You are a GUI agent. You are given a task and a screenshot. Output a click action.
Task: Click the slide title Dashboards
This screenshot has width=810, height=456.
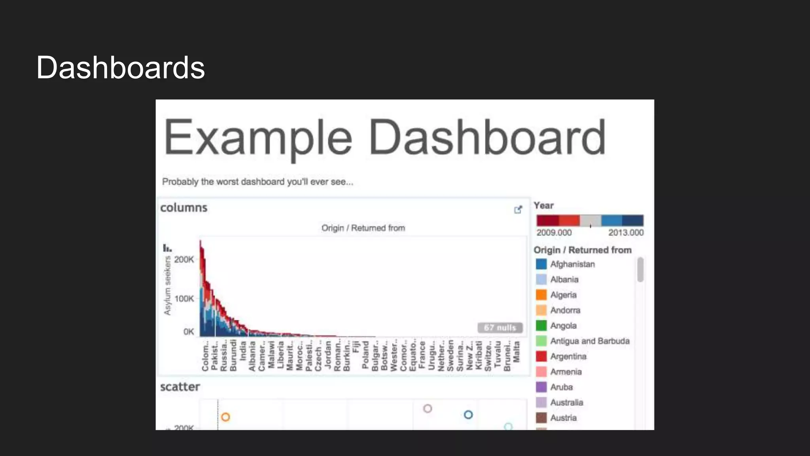point(120,68)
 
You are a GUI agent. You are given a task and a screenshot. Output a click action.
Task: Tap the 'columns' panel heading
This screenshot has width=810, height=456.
point(184,208)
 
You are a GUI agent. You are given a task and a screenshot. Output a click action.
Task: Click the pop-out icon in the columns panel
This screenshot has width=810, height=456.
point(518,210)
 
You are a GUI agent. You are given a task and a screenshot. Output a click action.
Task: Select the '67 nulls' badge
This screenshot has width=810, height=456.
point(500,328)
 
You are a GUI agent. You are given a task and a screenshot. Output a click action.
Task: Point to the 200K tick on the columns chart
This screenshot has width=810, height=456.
point(184,260)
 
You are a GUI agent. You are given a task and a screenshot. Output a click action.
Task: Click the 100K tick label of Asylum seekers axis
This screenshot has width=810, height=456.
point(184,299)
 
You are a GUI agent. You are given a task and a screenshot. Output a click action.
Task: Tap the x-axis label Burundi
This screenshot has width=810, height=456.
point(233,355)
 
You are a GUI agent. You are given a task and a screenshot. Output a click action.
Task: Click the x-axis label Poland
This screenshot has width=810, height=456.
point(365,355)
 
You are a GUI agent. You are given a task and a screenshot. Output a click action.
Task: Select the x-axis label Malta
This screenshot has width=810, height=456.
point(516,351)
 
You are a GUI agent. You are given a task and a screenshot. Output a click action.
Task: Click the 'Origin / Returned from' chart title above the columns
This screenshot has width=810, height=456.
point(363,228)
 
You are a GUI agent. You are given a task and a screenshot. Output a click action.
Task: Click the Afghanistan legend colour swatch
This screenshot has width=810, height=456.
point(541,264)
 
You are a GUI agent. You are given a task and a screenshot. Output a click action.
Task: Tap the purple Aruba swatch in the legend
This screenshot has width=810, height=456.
point(541,387)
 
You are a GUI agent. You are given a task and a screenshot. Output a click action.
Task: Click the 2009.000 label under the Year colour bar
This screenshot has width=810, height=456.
point(554,233)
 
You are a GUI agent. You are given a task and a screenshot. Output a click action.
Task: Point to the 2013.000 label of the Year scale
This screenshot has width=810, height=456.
point(626,233)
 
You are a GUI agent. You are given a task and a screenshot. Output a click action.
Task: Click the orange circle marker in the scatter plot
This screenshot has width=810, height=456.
point(225,417)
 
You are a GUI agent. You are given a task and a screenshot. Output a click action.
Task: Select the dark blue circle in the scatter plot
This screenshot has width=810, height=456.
point(468,414)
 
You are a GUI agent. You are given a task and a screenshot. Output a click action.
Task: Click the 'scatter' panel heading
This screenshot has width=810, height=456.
point(180,387)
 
